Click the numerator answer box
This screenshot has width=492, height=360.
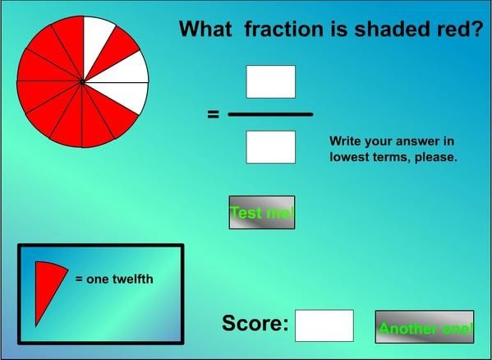(270, 81)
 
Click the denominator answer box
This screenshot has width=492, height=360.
(270, 147)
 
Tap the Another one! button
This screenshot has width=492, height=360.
(425, 327)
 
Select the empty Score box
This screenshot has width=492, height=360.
(324, 325)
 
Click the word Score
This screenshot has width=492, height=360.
(255, 323)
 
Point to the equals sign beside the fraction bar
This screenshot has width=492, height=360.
(213, 114)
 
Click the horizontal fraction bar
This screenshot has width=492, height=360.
(270, 114)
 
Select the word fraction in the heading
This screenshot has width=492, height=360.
(283, 29)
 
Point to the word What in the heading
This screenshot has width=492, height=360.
(205, 29)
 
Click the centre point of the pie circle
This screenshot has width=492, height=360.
(82, 81)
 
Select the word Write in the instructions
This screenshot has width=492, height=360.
(345, 141)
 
